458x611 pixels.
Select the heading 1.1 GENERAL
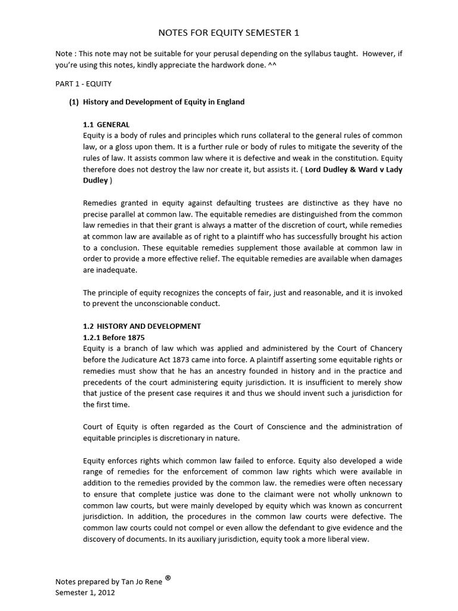(106, 125)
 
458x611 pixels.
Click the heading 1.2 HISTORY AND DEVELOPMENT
(142, 326)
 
